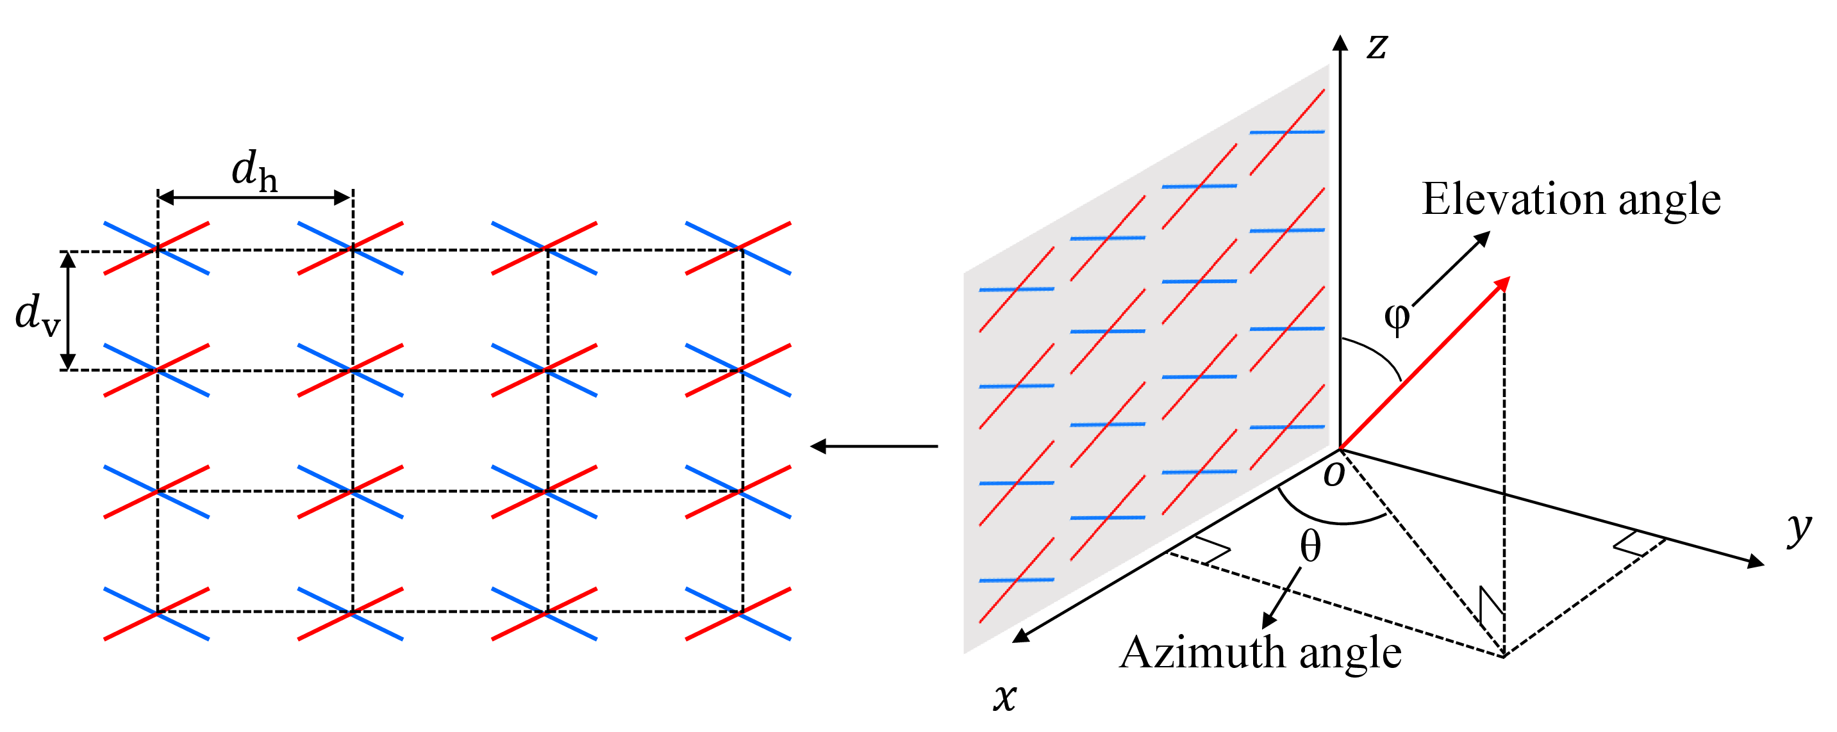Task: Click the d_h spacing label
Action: pos(254,170)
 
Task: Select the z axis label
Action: pos(1377,46)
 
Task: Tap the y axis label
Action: pos(1799,530)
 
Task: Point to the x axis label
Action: pos(1006,696)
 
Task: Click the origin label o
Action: pos(1334,474)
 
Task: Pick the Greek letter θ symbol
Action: pos(1311,546)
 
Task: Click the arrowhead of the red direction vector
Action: pos(1501,284)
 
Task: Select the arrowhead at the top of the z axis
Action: pos(1341,43)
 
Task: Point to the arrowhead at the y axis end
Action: pos(1755,561)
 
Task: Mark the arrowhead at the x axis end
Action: pos(1021,635)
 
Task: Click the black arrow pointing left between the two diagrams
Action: pos(874,446)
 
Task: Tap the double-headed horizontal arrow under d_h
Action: pos(254,197)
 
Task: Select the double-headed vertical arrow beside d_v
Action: pos(68,311)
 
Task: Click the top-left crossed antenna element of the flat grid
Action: pos(157,248)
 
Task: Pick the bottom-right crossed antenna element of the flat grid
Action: pos(739,614)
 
